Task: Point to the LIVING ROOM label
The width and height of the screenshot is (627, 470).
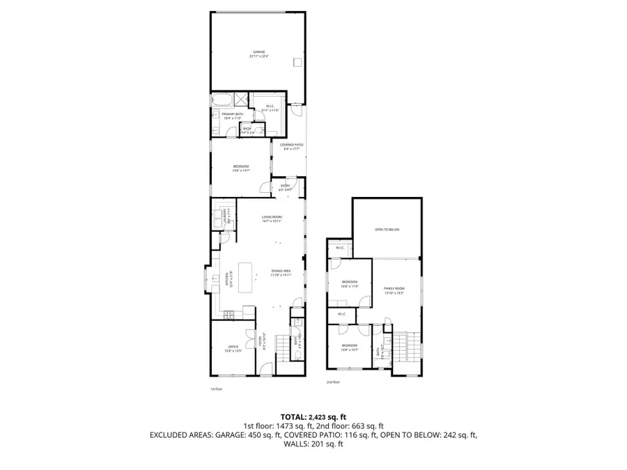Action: coord(272,219)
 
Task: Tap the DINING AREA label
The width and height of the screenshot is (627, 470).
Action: coord(281,272)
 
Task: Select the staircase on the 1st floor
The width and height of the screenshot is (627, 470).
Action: coord(282,346)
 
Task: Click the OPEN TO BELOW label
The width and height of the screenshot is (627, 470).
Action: coord(387,228)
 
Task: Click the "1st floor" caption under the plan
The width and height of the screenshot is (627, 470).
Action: coord(215,389)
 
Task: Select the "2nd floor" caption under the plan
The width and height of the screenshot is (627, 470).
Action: coord(334,382)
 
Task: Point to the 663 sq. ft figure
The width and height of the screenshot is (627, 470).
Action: coord(368,425)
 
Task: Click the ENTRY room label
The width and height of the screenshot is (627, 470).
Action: coord(285,187)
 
